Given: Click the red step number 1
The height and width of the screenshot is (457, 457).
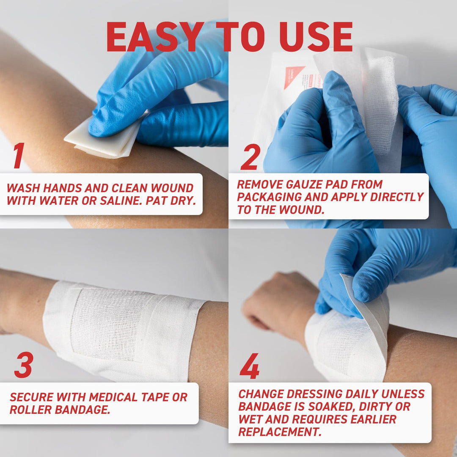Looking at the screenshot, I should [18, 156].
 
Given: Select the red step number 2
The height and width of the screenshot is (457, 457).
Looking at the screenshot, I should [250, 157].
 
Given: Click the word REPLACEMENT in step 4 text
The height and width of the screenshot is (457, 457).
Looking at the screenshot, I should [277, 432].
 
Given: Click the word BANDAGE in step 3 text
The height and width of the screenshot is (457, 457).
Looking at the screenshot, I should [80, 410].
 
